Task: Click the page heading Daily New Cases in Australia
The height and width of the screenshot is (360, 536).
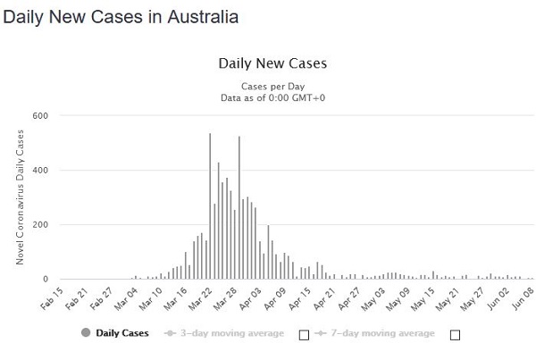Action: coord(122,17)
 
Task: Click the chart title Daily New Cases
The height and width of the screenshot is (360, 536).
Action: coord(273,63)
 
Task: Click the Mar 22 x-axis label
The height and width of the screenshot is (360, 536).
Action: coord(198,295)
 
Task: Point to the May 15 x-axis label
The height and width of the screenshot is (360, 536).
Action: coord(422,295)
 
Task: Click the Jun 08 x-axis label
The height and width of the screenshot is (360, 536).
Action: coord(524,295)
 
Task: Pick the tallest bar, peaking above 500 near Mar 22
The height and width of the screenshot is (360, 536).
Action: coord(210,205)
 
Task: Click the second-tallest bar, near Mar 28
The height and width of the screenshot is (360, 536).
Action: coord(239,207)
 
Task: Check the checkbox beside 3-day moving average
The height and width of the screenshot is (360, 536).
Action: coord(304,335)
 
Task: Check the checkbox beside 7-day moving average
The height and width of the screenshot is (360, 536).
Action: coord(456,335)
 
